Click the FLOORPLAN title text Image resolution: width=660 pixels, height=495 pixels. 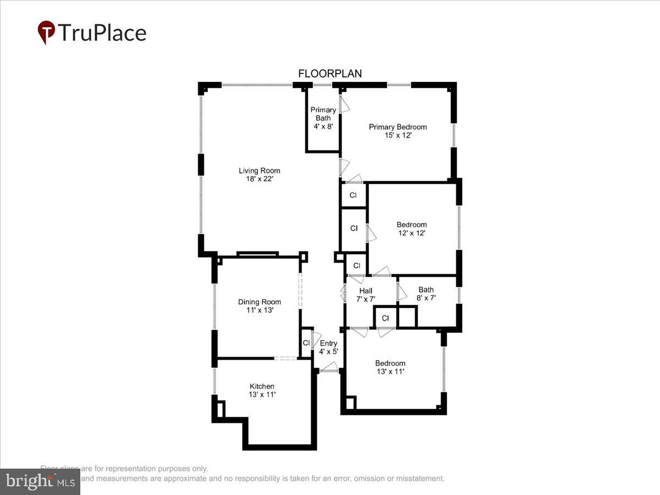tap(330, 73)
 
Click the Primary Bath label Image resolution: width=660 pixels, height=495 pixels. tap(323, 114)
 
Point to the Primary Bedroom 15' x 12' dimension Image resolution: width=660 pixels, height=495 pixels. tap(398, 135)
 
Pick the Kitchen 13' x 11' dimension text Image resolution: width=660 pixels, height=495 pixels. tap(262, 394)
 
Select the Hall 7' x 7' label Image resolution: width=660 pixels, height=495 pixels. tap(366, 295)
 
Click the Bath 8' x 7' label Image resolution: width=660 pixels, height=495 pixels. tap(426, 294)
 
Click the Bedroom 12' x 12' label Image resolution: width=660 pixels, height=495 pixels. tap(411, 228)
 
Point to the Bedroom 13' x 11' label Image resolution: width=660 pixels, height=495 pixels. tap(390, 367)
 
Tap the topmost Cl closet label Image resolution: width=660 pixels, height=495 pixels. tap(353, 195)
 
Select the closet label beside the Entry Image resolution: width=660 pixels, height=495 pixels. tap(306, 343)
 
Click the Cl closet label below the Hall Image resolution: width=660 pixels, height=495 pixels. tap(386, 318)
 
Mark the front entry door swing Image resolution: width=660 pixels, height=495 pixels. tap(329, 367)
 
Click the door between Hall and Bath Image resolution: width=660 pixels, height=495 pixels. tap(402, 291)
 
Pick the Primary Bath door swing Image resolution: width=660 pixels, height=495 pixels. tap(344, 105)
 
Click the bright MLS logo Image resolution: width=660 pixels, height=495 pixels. tap(40, 482)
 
